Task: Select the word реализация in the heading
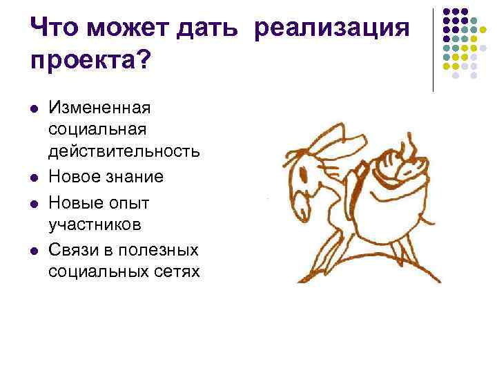[331, 30]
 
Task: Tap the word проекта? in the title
[89, 63]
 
